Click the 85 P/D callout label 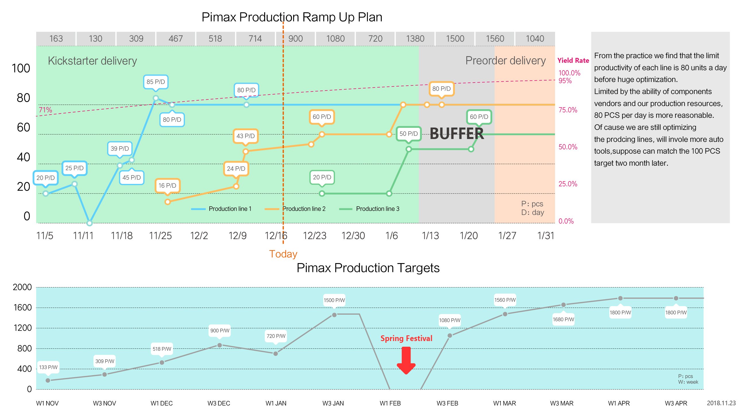tap(156, 82)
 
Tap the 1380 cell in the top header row tap(415, 38)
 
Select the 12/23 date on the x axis tap(314, 236)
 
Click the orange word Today tap(283, 254)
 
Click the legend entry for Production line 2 tap(304, 209)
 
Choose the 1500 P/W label tap(334, 300)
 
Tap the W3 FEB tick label tap(447, 403)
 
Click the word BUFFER tap(457, 134)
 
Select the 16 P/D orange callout tap(167, 185)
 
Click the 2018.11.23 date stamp tap(721, 403)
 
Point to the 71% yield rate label tap(45, 110)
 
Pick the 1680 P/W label tap(563, 320)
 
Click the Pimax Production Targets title tap(368, 268)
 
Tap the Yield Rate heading tap(573, 60)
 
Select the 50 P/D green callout tap(408, 134)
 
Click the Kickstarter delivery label tap(92, 61)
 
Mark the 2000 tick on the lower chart tap(22, 287)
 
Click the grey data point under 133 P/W tap(48, 381)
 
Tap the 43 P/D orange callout tap(246, 136)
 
